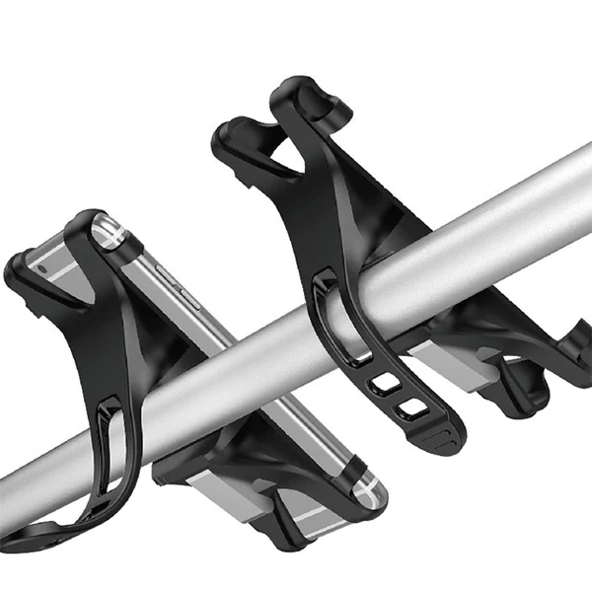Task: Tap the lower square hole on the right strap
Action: (406, 406)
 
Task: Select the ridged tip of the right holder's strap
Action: (447, 435)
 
